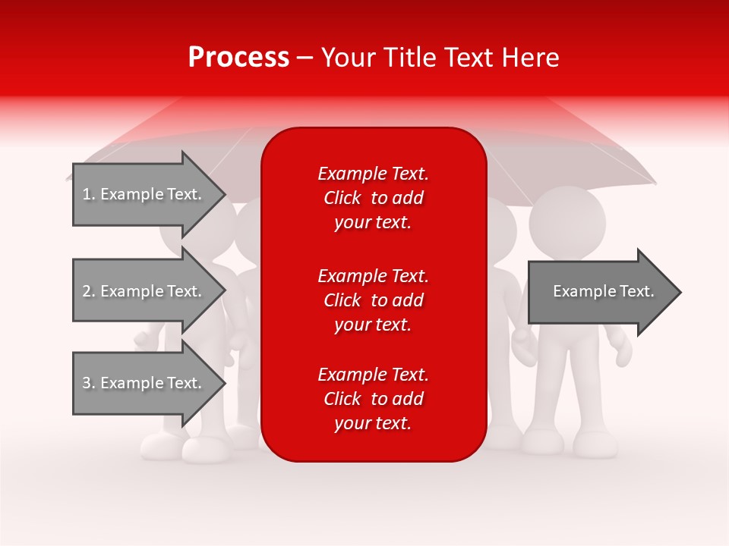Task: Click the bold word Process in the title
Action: (x=238, y=58)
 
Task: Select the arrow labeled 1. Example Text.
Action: (x=141, y=194)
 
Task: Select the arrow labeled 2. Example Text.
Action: (x=141, y=291)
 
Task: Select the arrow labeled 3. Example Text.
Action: (x=141, y=383)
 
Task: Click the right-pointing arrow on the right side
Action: (x=603, y=292)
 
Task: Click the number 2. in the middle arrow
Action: (x=89, y=291)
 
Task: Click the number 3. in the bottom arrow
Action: (x=89, y=383)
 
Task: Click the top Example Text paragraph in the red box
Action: (x=373, y=198)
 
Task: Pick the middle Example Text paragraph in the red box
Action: (x=373, y=300)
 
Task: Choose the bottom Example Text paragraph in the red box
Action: (x=373, y=399)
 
